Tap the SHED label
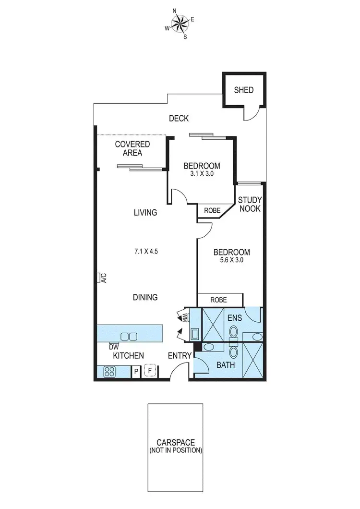243,90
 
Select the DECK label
179,118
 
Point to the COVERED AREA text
132,148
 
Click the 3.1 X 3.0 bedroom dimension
202,174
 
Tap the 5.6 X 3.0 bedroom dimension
231,261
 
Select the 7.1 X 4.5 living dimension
145,251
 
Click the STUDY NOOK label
250,204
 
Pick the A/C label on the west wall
103,278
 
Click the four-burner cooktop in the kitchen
109,371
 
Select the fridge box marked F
150,371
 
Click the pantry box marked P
136,371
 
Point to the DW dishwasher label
114,347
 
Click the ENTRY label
180,356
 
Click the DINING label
145,297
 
